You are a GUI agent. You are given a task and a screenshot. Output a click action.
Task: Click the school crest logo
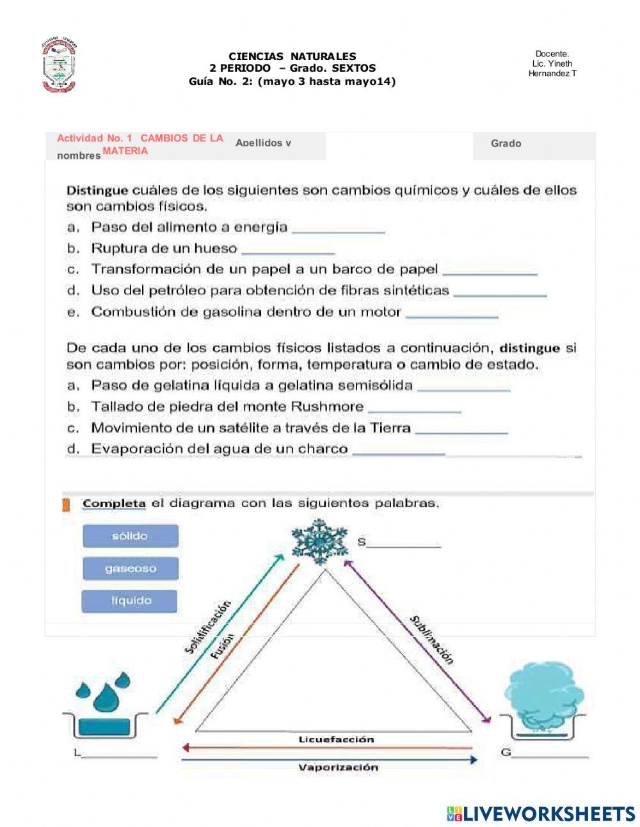[59, 67]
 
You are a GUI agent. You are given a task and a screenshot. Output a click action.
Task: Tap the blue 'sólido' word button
[130, 536]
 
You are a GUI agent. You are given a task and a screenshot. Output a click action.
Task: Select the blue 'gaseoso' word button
[130, 568]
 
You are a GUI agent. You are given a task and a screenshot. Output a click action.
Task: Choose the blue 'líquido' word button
[130, 601]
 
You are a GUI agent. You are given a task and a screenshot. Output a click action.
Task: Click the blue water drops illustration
[102, 692]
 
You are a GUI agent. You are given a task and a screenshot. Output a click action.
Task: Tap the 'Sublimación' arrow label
[433, 639]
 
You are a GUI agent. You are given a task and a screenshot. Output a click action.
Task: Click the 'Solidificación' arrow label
[207, 627]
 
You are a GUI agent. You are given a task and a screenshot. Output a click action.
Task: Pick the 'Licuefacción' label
[336, 739]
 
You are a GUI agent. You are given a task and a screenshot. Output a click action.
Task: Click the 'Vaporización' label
[338, 767]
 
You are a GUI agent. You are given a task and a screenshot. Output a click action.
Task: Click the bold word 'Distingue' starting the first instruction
[97, 190]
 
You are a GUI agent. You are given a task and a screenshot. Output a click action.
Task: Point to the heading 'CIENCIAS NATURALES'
[292, 56]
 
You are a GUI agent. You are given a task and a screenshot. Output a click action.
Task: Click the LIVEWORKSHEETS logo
[541, 813]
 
